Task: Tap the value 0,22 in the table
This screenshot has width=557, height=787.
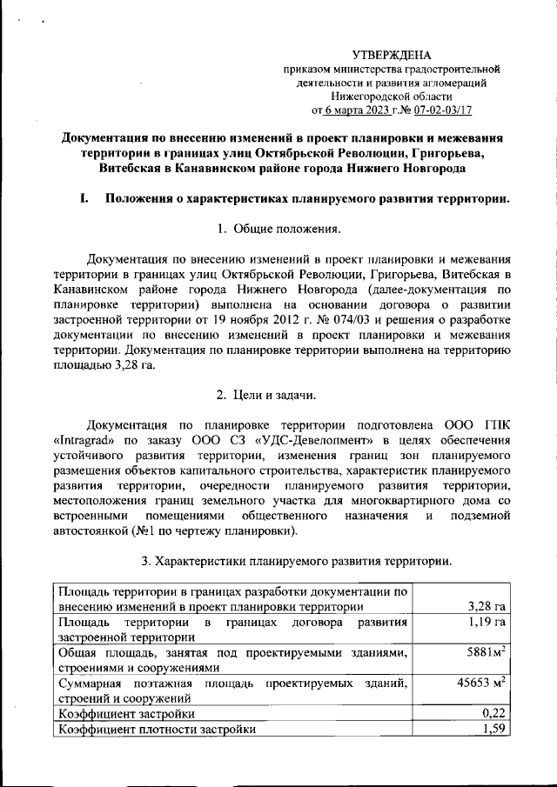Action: coord(493,713)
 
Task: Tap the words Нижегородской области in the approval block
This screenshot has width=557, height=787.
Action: coord(391,97)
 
